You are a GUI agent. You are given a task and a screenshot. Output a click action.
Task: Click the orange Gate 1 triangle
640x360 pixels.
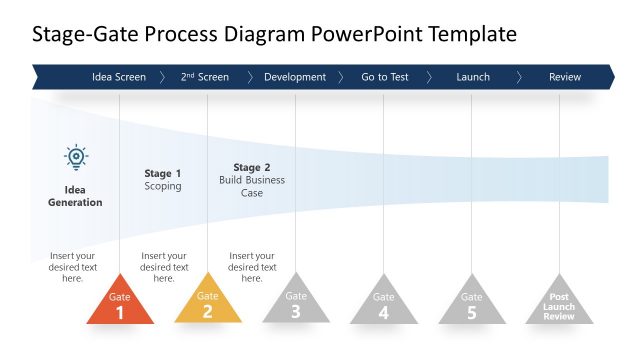click(x=120, y=305)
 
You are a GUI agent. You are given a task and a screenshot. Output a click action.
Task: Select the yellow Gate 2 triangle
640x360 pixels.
click(x=208, y=305)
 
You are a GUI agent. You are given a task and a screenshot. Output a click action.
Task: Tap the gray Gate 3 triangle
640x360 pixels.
click(x=296, y=305)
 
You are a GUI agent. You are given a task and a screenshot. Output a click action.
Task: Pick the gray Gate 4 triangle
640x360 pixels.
click(x=384, y=305)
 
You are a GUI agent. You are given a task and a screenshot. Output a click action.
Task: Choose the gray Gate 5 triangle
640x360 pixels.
click(x=472, y=305)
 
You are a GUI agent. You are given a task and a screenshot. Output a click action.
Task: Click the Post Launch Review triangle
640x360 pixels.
click(x=559, y=306)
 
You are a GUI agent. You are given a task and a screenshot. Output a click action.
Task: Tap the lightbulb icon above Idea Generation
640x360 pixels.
click(x=76, y=158)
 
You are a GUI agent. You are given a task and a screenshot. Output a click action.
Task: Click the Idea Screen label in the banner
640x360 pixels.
click(x=118, y=77)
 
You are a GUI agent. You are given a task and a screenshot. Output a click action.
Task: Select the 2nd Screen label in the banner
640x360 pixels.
click(x=205, y=77)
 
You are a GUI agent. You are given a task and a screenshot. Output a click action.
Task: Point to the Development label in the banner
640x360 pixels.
click(x=295, y=77)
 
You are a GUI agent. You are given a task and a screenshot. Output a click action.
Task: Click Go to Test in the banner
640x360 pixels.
click(x=385, y=77)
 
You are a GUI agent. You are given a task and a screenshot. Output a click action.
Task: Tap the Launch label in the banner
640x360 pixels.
click(x=473, y=77)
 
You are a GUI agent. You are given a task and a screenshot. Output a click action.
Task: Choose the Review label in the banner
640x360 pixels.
click(x=565, y=77)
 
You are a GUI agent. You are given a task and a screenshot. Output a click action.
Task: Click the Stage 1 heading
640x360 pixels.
click(x=163, y=173)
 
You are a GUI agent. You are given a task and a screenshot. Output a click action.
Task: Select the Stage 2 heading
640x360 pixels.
click(x=252, y=167)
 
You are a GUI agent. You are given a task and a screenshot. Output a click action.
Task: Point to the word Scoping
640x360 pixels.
click(x=163, y=186)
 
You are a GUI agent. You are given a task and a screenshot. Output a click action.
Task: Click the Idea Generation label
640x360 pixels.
click(x=75, y=196)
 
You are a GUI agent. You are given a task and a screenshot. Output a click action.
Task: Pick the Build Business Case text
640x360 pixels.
click(x=252, y=186)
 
